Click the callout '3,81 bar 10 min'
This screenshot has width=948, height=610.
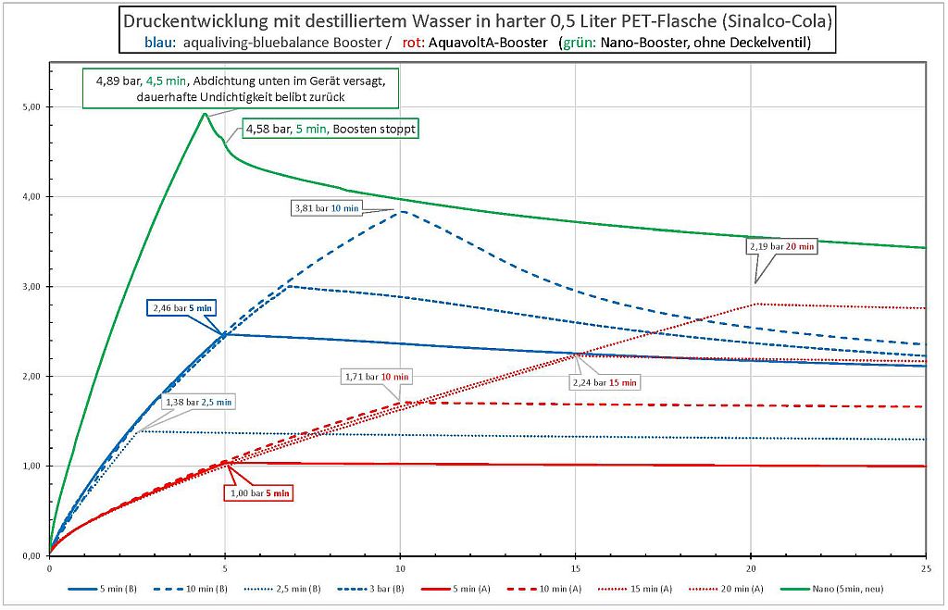[x=325, y=209]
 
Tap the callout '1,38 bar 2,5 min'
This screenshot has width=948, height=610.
[x=198, y=402]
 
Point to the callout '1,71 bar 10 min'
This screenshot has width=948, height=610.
[x=378, y=377]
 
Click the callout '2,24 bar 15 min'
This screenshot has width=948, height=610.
[x=604, y=381]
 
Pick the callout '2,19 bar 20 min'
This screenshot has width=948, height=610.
[x=781, y=246]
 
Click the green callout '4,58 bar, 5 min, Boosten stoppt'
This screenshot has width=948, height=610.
[x=331, y=130]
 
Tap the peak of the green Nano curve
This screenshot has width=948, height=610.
[x=205, y=113]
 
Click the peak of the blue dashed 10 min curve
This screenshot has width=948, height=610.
[x=400, y=212]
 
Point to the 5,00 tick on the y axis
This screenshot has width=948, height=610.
[x=33, y=107]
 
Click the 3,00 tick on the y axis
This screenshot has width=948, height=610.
[x=33, y=287]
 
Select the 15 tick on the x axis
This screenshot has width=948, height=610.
[x=576, y=567]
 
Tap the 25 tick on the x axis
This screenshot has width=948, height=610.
[x=926, y=567]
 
